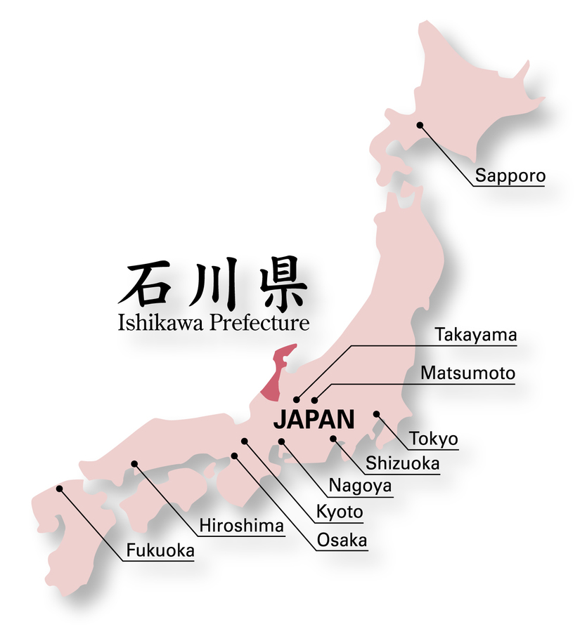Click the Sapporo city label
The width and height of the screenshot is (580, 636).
tap(510, 175)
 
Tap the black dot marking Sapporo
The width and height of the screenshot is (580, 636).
tap(419, 126)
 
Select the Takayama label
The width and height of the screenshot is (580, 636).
tap(475, 336)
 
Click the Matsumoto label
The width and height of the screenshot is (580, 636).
tap(468, 373)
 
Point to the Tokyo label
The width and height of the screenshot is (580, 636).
tap(434, 439)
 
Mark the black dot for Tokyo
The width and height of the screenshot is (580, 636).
tap(376, 414)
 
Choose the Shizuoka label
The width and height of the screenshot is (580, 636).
tap(402, 463)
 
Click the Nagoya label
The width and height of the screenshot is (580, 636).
tap(360, 486)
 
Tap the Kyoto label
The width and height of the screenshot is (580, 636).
tap(340, 512)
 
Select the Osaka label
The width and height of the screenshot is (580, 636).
tap(342, 540)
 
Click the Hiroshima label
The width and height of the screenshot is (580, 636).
tap(241, 526)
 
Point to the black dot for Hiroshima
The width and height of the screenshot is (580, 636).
tap(134, 463)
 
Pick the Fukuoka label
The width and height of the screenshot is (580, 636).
tap(160, 551)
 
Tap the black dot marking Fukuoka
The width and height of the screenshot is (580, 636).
tap(59, 488)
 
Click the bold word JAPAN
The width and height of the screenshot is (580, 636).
tap(313, 420)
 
